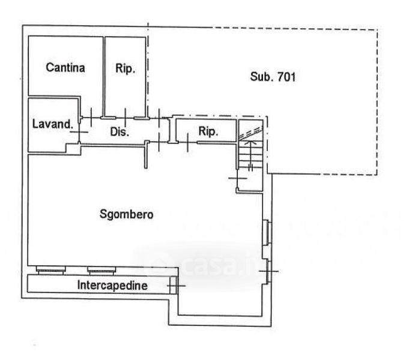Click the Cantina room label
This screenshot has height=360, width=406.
pyautogui.click(x=65, y=67)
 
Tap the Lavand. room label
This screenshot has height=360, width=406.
pyautogui.click(x=52, y=124)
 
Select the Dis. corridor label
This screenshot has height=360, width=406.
pyautogui.click(x=120, y=132)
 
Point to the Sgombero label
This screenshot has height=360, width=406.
pyautogui.click(x=127, y=214)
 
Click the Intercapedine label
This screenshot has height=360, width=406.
pyautogui.click(x=112, y=286)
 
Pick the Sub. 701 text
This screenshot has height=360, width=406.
pyautogui.click(x=274, y=77)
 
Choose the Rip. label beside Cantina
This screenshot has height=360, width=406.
pyautogui.click(x=126, y=67)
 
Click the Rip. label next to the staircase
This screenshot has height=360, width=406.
pyautogui.click(x=208, y=131)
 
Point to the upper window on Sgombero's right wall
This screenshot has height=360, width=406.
pyautogui.click(x=267, y=233)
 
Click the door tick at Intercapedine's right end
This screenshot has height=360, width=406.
pyautogui.click(x=174, y=286)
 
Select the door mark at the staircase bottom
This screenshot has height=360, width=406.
pyautogui.click(x=238, y=178)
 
